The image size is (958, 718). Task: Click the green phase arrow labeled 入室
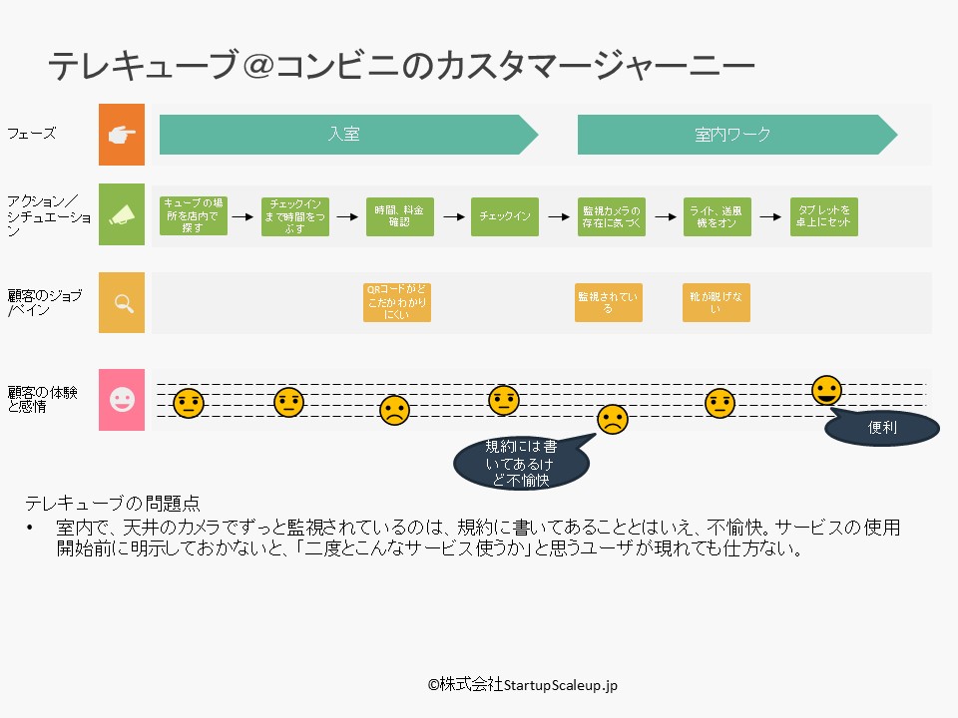click(344, 135)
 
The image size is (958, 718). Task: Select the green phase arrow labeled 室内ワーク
click(733, 135)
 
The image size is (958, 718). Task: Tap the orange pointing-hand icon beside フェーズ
click(122, 135)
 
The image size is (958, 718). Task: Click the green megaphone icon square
click(122, 215)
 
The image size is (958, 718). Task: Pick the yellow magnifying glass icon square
click(122, 302)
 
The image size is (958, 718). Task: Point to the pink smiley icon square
click(122, 400)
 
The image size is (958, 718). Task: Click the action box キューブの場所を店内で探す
click(194, 215)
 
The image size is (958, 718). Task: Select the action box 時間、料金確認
click(399, 215)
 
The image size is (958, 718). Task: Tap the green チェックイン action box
click(505, 215)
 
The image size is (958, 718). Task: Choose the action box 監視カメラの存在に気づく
click(612, 215)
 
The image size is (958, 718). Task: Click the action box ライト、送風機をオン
click(718, 215)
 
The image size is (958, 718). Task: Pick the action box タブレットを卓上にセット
click(824, 215)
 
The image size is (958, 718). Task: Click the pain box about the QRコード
click(397, 302)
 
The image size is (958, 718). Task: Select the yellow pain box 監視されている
click(609, 302)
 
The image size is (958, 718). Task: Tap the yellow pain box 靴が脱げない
click(717, 302)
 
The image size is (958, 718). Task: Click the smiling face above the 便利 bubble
click(826, 390)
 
